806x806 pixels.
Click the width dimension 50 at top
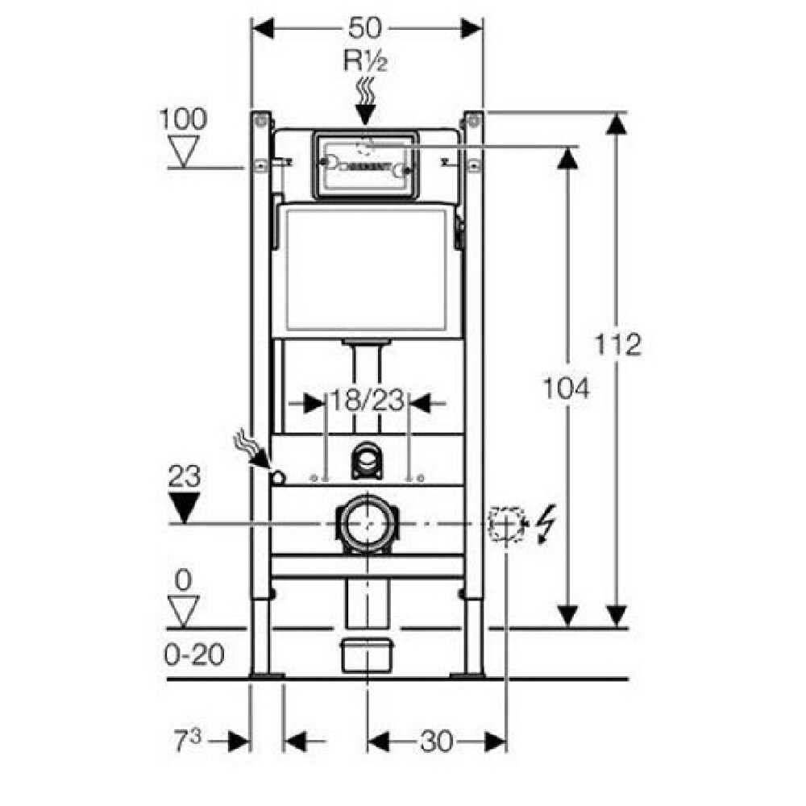point(367,28)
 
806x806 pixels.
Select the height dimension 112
point(618,344)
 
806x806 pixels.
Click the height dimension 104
point(567,388)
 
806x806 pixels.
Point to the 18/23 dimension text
point(367,401)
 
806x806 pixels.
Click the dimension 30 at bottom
point(436,741)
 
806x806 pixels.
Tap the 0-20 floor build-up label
point(194,654)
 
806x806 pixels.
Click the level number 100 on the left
point(183,119)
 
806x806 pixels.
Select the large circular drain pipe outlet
point(367,524)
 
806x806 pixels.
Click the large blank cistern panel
point(367,270)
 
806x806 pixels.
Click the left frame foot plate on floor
point(266,675)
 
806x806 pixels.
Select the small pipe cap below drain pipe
point(367,655)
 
